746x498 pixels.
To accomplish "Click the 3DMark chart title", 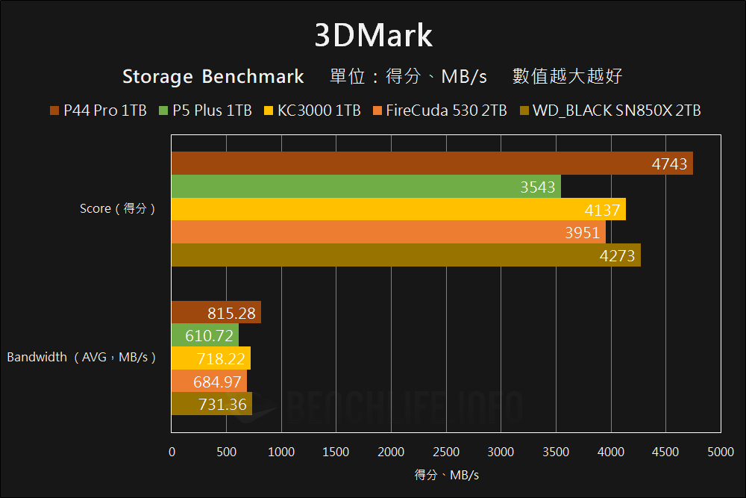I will pos(373,35).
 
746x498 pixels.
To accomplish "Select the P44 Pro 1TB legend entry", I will pos(98,111).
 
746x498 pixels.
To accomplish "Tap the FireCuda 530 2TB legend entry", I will pos(439,111).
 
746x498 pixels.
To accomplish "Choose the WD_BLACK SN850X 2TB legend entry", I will pos(609,111).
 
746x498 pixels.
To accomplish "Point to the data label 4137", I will pos(603,210).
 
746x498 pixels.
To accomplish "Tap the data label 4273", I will pos(617,256).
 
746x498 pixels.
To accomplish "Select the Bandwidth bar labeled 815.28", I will pos(216,313).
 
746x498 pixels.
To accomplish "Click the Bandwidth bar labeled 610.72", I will pos(205,336).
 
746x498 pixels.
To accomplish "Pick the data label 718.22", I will pos(222,359).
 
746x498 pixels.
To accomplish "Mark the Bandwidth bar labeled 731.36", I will pos(212,405).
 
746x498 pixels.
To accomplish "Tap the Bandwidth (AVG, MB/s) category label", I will pos(81,357).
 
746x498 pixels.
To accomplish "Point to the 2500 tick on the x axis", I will pos(446,452).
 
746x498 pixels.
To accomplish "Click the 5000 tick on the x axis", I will pos(721,452).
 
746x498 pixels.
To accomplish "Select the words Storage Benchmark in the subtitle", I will pos(213,76).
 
